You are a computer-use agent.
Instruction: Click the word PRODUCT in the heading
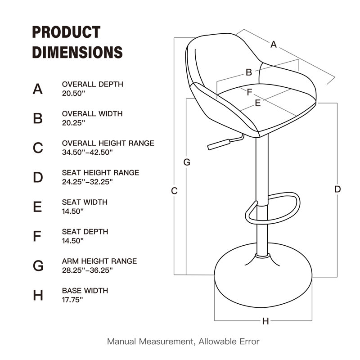point(66,32)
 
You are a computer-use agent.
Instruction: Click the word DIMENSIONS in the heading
point(77,52)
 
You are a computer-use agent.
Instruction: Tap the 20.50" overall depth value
point(73,93)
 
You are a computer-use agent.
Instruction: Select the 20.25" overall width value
point(73,122)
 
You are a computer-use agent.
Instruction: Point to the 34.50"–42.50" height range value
point(87,152)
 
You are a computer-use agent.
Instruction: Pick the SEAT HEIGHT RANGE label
point(100,173)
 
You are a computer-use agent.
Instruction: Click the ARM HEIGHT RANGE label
point(99,261)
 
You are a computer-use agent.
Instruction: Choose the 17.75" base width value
point(72,299)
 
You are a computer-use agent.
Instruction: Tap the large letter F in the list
point(38,236)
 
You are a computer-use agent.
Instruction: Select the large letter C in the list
point(38,148)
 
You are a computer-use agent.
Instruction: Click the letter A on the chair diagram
point(273,44)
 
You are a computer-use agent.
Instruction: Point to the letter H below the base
point(265,321)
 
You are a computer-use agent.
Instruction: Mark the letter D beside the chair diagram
point(337,189)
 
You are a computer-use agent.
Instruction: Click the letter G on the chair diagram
point(187,162)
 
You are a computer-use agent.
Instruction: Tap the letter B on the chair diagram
point(248,72)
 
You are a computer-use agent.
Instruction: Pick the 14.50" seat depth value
point(73,241)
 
